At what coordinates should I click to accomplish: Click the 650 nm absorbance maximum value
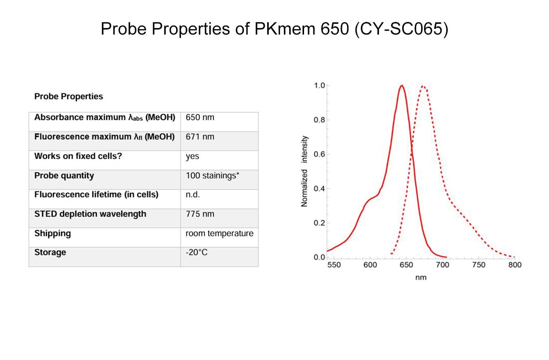[200, 117]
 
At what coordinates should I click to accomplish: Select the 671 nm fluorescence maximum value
[200, 137]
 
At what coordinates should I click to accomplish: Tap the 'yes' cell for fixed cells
[192, 156]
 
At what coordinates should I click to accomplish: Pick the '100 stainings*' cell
[212, 176]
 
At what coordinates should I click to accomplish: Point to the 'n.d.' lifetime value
[193, 194]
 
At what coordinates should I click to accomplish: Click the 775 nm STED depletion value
[200, 214]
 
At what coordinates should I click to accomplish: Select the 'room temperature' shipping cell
[219, 233]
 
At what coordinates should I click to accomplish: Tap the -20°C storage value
[197, 252]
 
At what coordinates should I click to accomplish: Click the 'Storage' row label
[50, 252]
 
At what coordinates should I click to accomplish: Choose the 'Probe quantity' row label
[64, 176]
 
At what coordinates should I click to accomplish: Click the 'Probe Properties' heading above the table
[68, 96]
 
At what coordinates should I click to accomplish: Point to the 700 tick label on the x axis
[442, 265]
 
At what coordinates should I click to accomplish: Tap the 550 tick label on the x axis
[334, 265]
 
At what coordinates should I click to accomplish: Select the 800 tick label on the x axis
[515, 265]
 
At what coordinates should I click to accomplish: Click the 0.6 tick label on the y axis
[320, 154]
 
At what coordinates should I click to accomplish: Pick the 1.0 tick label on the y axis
[320, 85]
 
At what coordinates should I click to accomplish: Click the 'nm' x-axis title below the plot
[421, 278]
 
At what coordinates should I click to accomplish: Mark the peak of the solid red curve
[402, 85]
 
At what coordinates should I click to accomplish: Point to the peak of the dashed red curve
[423, 86]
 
